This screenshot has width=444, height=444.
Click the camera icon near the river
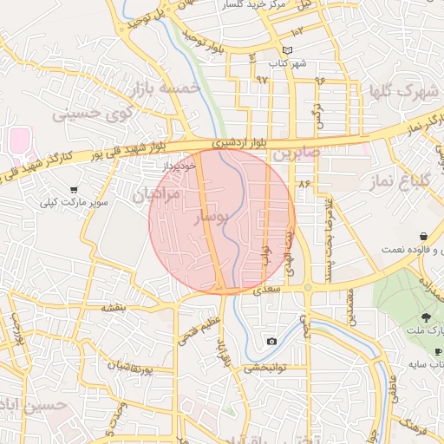(x=271, y=341)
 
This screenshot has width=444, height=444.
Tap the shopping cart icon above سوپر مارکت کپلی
(x=74, y=190)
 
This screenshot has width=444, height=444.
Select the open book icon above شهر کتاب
(x=289, y=51)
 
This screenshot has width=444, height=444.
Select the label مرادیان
(x=157, y=195)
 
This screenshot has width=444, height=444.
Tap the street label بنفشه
(x=114, y=307)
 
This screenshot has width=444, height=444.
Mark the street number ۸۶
(x=304, y=184)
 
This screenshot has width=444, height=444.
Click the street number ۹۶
(x=319, y=81)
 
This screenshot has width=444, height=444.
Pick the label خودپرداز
(x=180, y=163)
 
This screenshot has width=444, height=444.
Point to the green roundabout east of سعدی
(x=307, y=287)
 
